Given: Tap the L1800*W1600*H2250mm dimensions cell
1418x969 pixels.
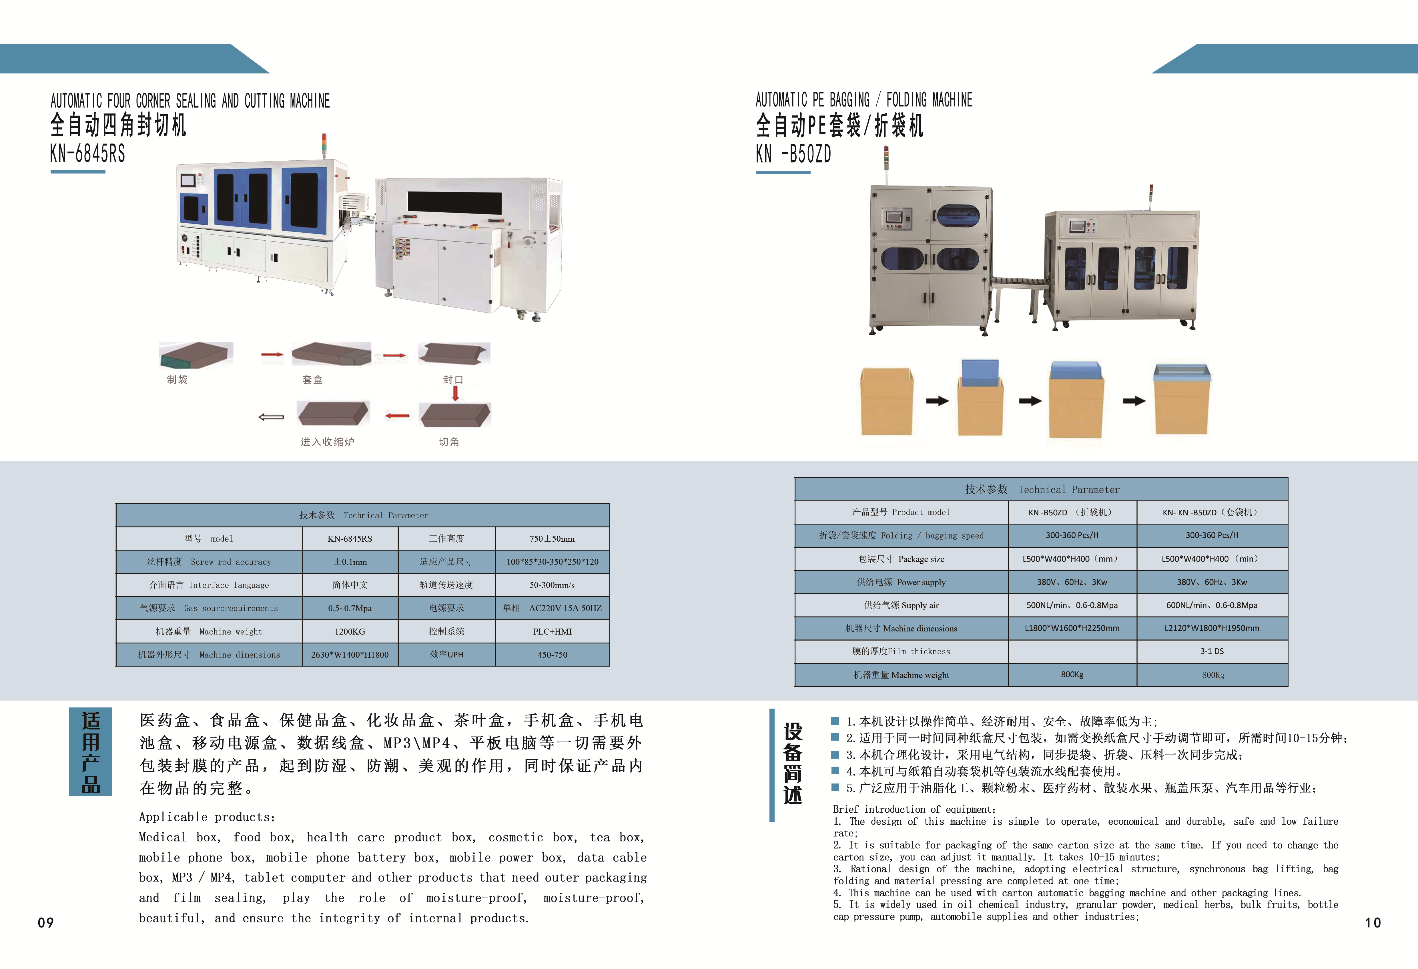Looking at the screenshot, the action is pos(1072,628).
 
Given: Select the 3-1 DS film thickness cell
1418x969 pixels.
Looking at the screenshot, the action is pos(1212,651).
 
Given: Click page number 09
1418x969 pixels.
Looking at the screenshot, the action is pos(46,923).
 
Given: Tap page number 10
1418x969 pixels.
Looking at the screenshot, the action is pos(1373,923).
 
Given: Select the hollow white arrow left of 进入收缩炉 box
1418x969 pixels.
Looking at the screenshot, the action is pos(272,417).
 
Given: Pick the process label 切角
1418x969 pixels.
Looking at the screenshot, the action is pos(449,442).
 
